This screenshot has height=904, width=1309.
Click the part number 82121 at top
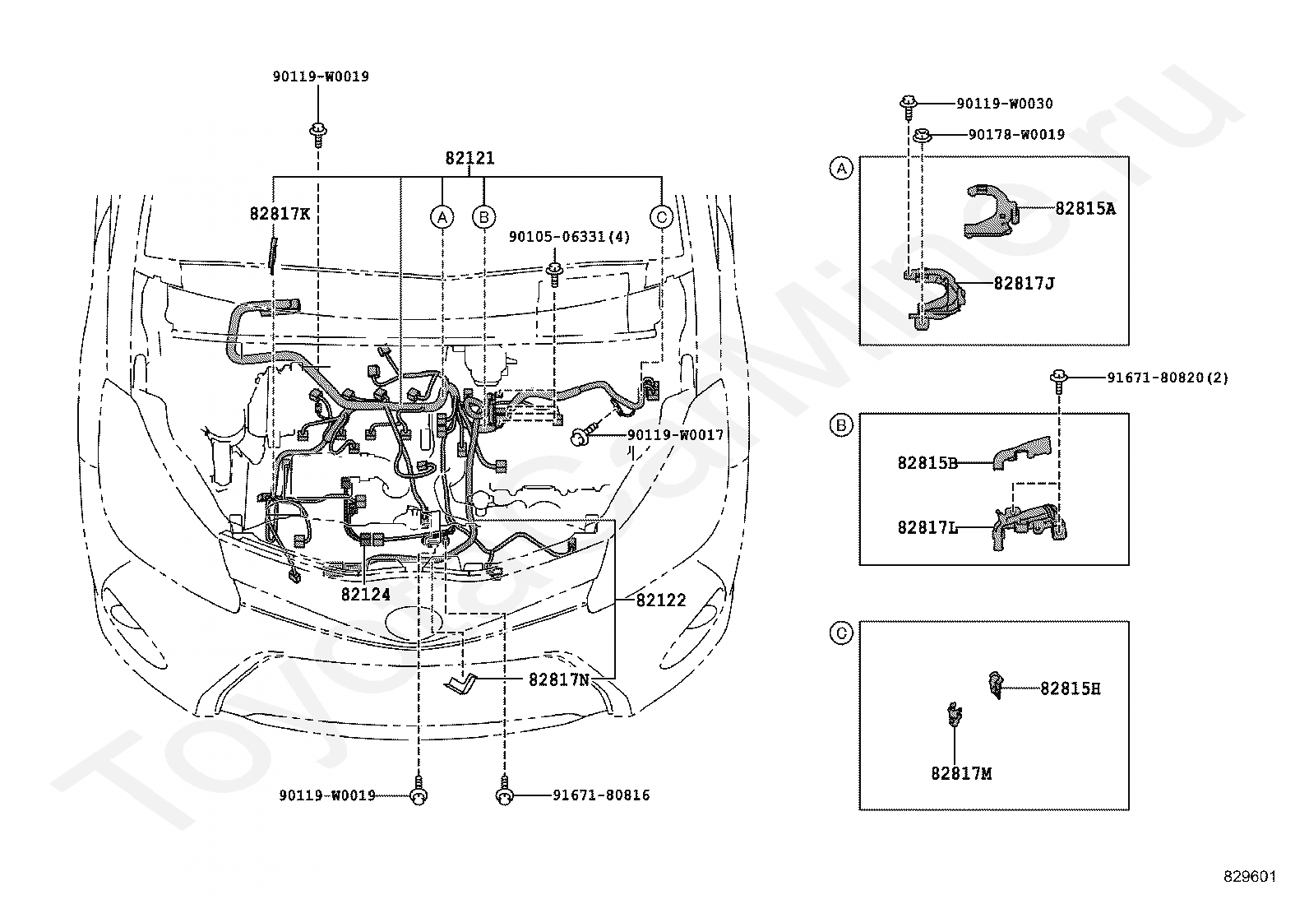pos(469,158)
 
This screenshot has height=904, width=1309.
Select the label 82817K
pos(280,214)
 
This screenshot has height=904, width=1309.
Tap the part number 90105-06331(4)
pos(569,237)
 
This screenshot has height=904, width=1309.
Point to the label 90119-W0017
pos(676,435)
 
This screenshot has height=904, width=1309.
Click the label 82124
pos(366,594)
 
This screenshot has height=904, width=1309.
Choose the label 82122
pos(661,600)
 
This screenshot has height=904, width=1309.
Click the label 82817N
pos(559,679)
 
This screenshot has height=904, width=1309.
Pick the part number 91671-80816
pos(601,795)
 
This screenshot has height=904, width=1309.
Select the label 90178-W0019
pos(1017,134)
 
